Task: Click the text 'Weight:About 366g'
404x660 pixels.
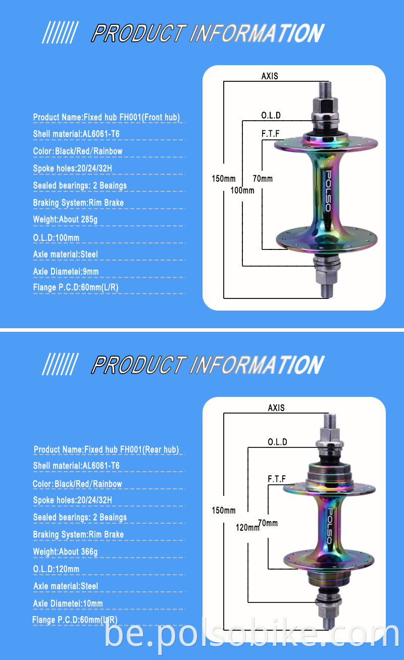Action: tap(65, 552)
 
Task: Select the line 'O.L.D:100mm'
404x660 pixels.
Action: tap(56, 238)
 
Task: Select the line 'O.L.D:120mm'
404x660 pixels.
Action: tap(56, 569)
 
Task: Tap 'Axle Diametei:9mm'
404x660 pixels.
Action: tap(66, 272)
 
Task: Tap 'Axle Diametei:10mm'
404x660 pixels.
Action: tap(68, 603)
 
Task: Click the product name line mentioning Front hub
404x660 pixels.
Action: tap(106, 118)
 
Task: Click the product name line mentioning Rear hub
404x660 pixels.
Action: tap(106, 449)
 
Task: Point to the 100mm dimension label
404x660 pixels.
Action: tap(242, 191)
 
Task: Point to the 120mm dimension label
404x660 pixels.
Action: tap(247, 528)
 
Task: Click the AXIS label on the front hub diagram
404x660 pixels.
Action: tap(270, 77)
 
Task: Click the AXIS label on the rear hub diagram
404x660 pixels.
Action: tap(276, 408)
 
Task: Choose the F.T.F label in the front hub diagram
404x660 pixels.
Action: tap(271, 134)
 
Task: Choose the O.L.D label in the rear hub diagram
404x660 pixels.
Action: tap(277, 442)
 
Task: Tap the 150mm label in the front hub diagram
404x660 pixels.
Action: tap(223, 179)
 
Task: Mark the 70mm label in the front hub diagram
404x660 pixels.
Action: tap(263, 179)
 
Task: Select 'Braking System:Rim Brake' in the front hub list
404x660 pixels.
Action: tap(78, 203)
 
